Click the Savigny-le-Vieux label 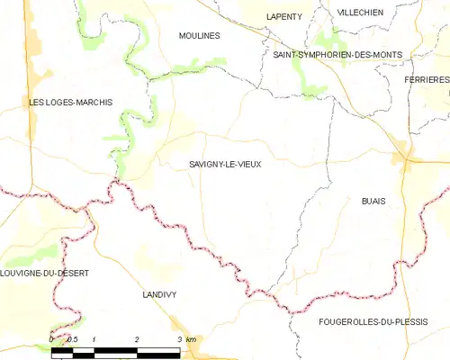(x=226, y=164)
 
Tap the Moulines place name (x=200, y=35)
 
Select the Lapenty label (x=284, y=16)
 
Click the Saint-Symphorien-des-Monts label (x=337, y=55)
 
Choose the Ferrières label (x=427, y=80)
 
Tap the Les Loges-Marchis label (x=70, y=103)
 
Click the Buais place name (x=373, y=201)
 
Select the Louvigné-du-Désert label (x=45, y=274)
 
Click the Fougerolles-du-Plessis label (x=373, y=321)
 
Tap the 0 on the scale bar (x=52, y=338)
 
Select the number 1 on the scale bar (x=94, y=338)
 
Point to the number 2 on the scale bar (x=137, y=338)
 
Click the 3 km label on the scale (x=186, y=338)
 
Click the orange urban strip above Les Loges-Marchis (x=34, y=54)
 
